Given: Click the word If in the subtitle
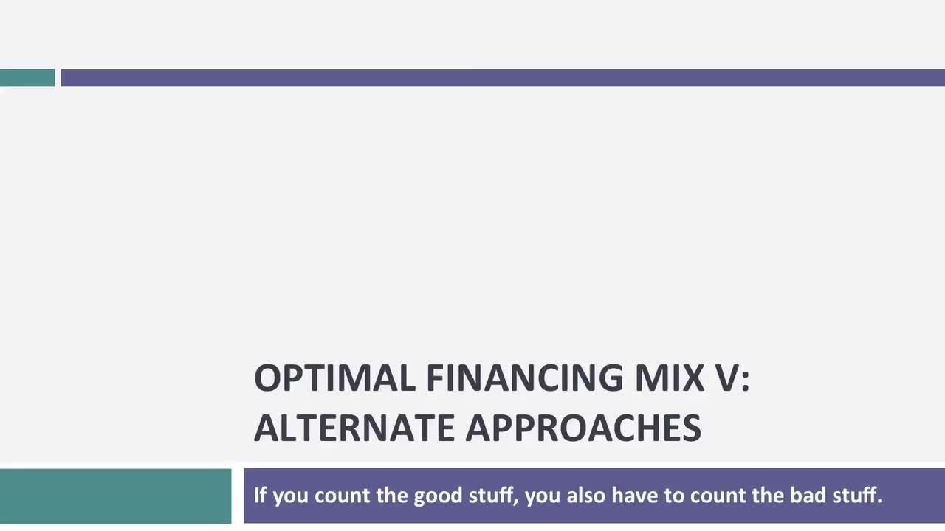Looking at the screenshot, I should coord(260,495).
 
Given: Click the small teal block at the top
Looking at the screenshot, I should coord(27,77).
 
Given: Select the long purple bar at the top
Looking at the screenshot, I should coord(502,77).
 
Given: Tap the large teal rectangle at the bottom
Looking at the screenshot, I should coord(115,496).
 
